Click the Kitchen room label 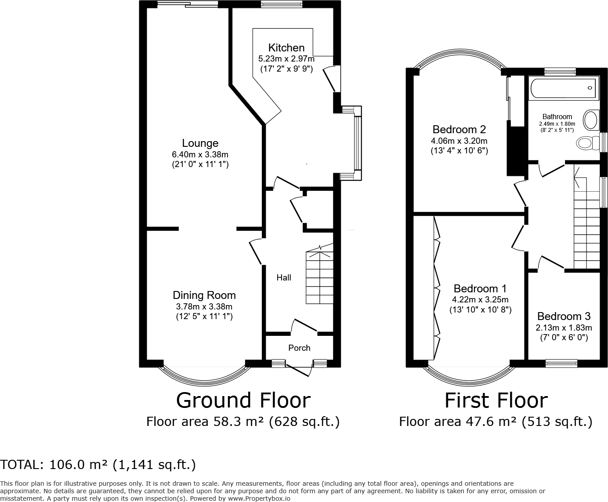point(286,47)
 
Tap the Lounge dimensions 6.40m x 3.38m point(200,154)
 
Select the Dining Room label point(204,295)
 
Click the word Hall point(284,278)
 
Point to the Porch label point(299,348)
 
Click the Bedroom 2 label point(459,129)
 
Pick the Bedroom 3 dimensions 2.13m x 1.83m point(564,328)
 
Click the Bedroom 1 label point(480,288)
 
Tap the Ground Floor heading point(243,400)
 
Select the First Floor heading point(496,400)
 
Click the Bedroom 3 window point(561,364)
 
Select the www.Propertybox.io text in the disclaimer point(259,498)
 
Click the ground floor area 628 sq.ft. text point(304,422)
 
